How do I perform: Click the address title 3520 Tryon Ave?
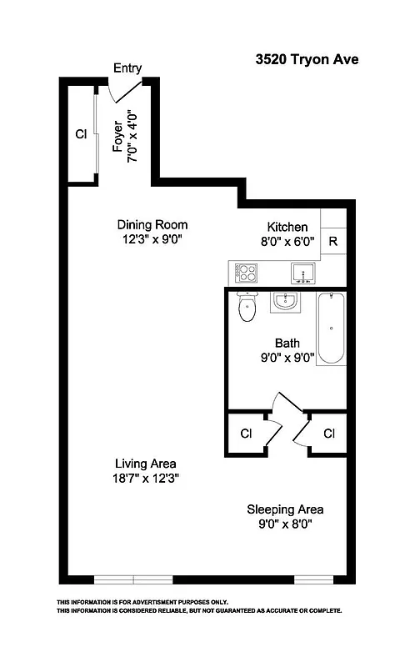[306, 60]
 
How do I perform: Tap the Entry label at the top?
[127, 68]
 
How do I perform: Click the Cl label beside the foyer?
[81, 133]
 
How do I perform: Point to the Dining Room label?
[152, 224]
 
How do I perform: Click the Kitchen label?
[287, 227]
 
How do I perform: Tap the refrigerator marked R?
[332, 243]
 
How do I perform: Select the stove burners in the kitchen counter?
[246, 273]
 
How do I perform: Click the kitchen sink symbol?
[301, 272]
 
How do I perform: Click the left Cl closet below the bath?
[246, 434]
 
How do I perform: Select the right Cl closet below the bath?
[329, 434]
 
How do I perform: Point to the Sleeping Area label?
[285, 509]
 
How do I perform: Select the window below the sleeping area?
[314, 579]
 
